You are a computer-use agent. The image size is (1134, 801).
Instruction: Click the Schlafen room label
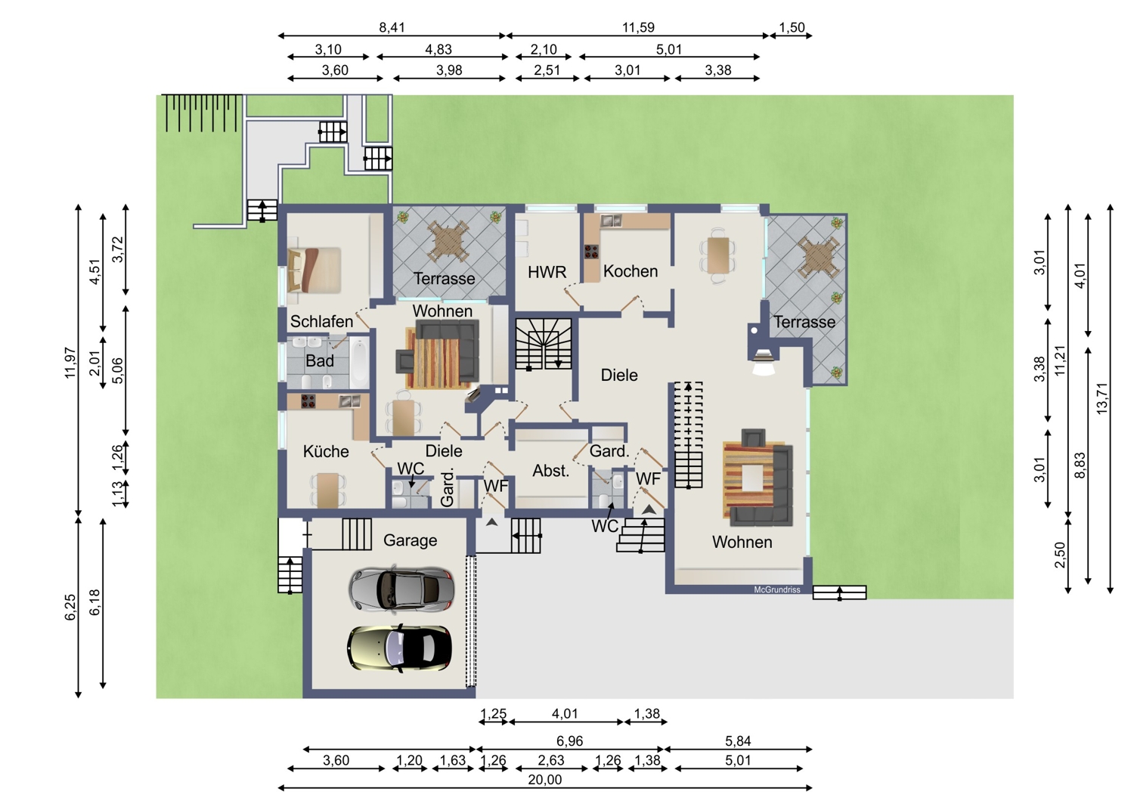coord(321,321)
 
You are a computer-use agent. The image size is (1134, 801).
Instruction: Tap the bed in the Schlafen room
coord(314,270)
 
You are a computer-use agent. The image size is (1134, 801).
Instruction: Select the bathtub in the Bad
coord(359,360)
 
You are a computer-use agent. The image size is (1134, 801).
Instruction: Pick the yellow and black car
coord(399,648)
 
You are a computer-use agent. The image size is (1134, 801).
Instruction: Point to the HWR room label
coord(547,272)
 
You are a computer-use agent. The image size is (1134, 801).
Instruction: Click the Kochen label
coord(631,271)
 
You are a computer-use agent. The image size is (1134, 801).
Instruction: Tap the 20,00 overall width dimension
coord(545,780)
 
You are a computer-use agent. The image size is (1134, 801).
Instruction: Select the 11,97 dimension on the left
coord(70,363)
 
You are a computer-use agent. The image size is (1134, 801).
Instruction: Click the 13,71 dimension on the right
coord(1101,399)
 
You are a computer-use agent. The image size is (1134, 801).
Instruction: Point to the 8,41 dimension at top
coord(392,27)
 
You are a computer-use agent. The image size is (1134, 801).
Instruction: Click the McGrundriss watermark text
coord(777,590)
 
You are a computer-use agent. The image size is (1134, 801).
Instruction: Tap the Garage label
coord(410,540)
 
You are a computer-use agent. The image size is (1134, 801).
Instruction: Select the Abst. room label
coord(551,471)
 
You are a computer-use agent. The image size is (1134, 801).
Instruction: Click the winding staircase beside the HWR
coord(544,344)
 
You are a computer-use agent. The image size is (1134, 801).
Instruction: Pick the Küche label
coord(326,451)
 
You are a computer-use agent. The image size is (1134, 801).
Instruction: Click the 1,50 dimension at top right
coord(792,27)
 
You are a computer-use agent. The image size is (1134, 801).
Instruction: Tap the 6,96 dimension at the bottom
coord(569,741)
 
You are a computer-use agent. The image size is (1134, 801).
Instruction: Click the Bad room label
coord(320,360)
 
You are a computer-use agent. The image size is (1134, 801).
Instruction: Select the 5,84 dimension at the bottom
coord(738,741)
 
